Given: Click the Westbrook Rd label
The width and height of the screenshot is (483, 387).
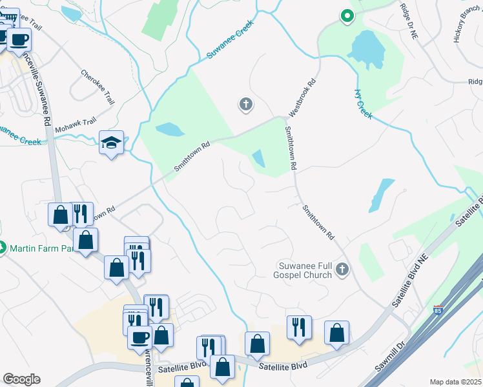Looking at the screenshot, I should (302, 97).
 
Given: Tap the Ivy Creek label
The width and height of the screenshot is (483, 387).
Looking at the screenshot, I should (364, 103).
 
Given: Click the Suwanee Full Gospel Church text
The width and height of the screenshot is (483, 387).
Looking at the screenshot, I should (305, 270).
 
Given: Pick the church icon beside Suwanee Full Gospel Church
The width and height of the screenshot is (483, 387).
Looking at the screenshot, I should (342, 270).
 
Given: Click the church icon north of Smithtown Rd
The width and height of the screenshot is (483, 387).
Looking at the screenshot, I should (245, 104).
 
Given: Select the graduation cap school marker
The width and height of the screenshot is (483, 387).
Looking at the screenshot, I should (112, 143).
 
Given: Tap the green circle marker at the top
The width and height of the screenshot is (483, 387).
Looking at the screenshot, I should (347, 16).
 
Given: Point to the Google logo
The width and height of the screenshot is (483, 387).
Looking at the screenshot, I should (21, 379).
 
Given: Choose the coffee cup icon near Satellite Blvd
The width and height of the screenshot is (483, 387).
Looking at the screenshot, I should (139, 337).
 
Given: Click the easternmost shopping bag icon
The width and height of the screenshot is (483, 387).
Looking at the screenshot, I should (336, 333).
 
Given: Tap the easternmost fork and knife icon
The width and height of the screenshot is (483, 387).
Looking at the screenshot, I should (299, 328).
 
